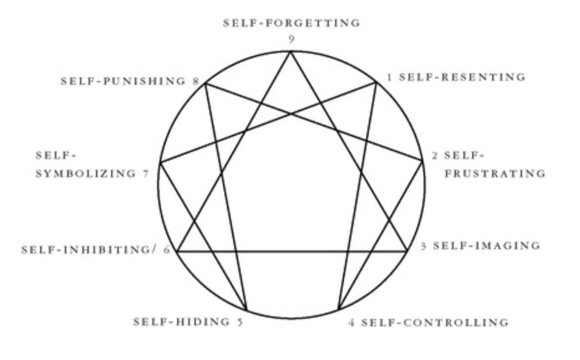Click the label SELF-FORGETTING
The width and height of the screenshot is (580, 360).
(x=291, y=23)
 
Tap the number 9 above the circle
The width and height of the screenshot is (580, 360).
(x=291, y=40)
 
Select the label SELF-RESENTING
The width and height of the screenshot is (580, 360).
(x=462, y=77)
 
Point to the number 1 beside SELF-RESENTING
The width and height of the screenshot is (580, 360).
(x=389, y=77)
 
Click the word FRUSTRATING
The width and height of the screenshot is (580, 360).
(x=495, y=173)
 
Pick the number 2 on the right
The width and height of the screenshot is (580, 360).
(x=435, y=156)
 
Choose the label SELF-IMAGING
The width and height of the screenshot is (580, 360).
(x=486, y=245)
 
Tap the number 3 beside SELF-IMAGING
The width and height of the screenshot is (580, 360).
(x=424, y=246)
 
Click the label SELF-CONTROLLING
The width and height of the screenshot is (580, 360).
(x=435, y=322)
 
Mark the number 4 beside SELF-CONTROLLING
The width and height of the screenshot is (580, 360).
(x=351, y=323)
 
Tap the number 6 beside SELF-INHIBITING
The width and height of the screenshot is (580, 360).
(x=167, y=250)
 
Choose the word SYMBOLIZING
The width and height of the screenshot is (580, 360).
(x=86, y=173)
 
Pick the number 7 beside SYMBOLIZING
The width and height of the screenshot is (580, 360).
(x=146, y=173)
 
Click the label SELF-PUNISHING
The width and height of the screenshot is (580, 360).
(x=123, y=81)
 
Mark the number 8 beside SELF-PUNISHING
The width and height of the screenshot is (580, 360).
(x=196, y=81)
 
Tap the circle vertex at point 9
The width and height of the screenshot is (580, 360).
(x=291, y=52)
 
